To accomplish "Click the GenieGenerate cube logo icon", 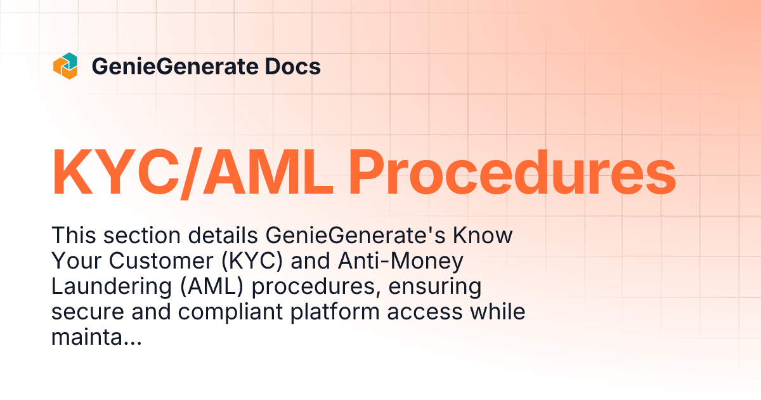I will [65, 67].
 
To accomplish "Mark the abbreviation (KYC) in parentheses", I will [254, 262].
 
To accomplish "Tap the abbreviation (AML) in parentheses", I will [207, 286].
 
